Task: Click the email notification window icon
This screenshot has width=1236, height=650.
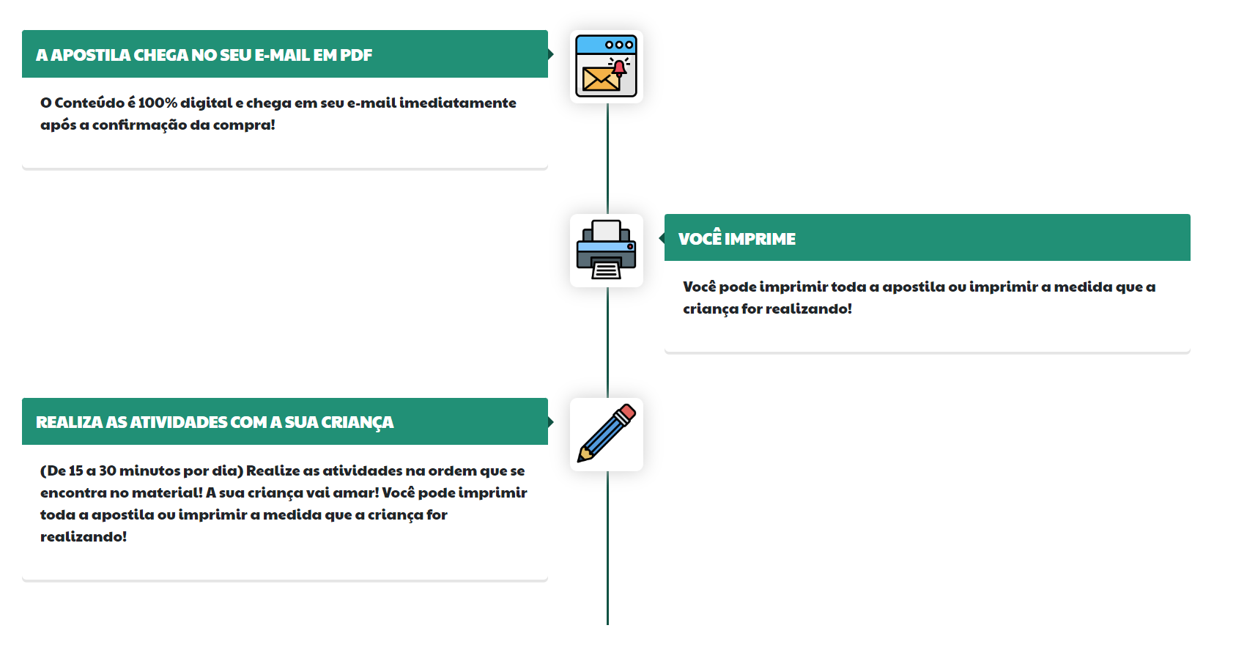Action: coord(606,66)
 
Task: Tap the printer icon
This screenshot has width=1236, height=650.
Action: coord(606,250)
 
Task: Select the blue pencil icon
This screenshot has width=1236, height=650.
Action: coord(606,434)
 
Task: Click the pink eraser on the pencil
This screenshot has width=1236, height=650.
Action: coord(626,413)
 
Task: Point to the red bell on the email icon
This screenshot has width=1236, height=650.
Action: coord(619,68)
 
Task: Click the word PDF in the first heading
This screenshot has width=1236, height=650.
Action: coord(356,55)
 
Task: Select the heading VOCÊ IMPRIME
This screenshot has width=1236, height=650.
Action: coord(736,239)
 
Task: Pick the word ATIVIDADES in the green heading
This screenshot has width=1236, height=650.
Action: coord(178,422)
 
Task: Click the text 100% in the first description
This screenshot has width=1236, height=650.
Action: coord(158,103)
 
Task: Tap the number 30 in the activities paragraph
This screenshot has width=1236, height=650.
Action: coord(108,470)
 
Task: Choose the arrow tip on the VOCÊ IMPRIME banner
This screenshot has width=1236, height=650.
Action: coord(662,238)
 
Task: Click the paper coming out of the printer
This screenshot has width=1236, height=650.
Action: coord(606,270)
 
